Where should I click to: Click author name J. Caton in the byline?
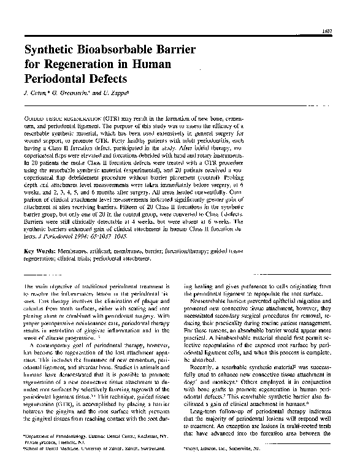point(34,94)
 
